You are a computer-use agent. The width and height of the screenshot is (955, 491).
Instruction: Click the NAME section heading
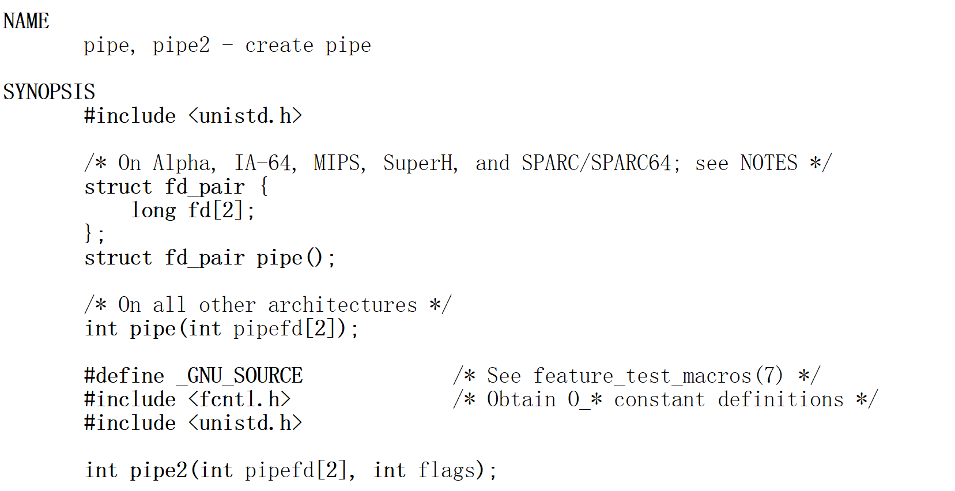[26, 21]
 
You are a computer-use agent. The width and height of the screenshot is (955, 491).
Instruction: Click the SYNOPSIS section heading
[49, 92]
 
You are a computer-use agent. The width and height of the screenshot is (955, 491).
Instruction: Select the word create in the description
[279, 46]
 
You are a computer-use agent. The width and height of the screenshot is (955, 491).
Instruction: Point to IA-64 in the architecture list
[265, 163]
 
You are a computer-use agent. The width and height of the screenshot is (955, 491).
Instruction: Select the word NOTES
[769, 163]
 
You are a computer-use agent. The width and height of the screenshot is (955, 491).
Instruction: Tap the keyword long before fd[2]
[153, 210]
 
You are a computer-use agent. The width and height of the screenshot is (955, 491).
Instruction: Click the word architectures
[342, 305]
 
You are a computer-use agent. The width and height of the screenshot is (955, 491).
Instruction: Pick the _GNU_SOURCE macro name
[239, 376]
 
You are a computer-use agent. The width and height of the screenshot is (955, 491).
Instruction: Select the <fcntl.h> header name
[239, 399]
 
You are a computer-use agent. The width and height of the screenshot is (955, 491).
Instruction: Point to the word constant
[659, 399]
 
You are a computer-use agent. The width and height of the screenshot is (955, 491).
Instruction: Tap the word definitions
[780, 399]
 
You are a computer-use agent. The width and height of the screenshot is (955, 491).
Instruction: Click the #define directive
[124, 376]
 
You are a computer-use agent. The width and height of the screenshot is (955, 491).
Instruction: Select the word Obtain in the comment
[521, 399]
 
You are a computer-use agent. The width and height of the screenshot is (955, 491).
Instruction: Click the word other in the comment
[227, 305]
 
